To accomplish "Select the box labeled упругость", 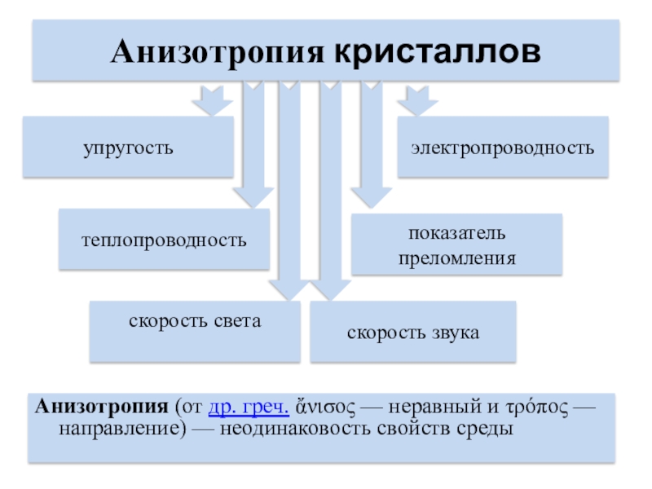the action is click(x=127, y=148).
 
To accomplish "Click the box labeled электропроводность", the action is click(x=502, y=148).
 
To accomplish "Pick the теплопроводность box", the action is click(x=163, y=240).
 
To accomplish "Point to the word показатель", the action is click(x=456, y=233).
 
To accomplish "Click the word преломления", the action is click(x=456, y=258).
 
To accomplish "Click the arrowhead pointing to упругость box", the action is click(x=210, y=104).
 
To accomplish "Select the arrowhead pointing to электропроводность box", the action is click(x=416, y=104).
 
